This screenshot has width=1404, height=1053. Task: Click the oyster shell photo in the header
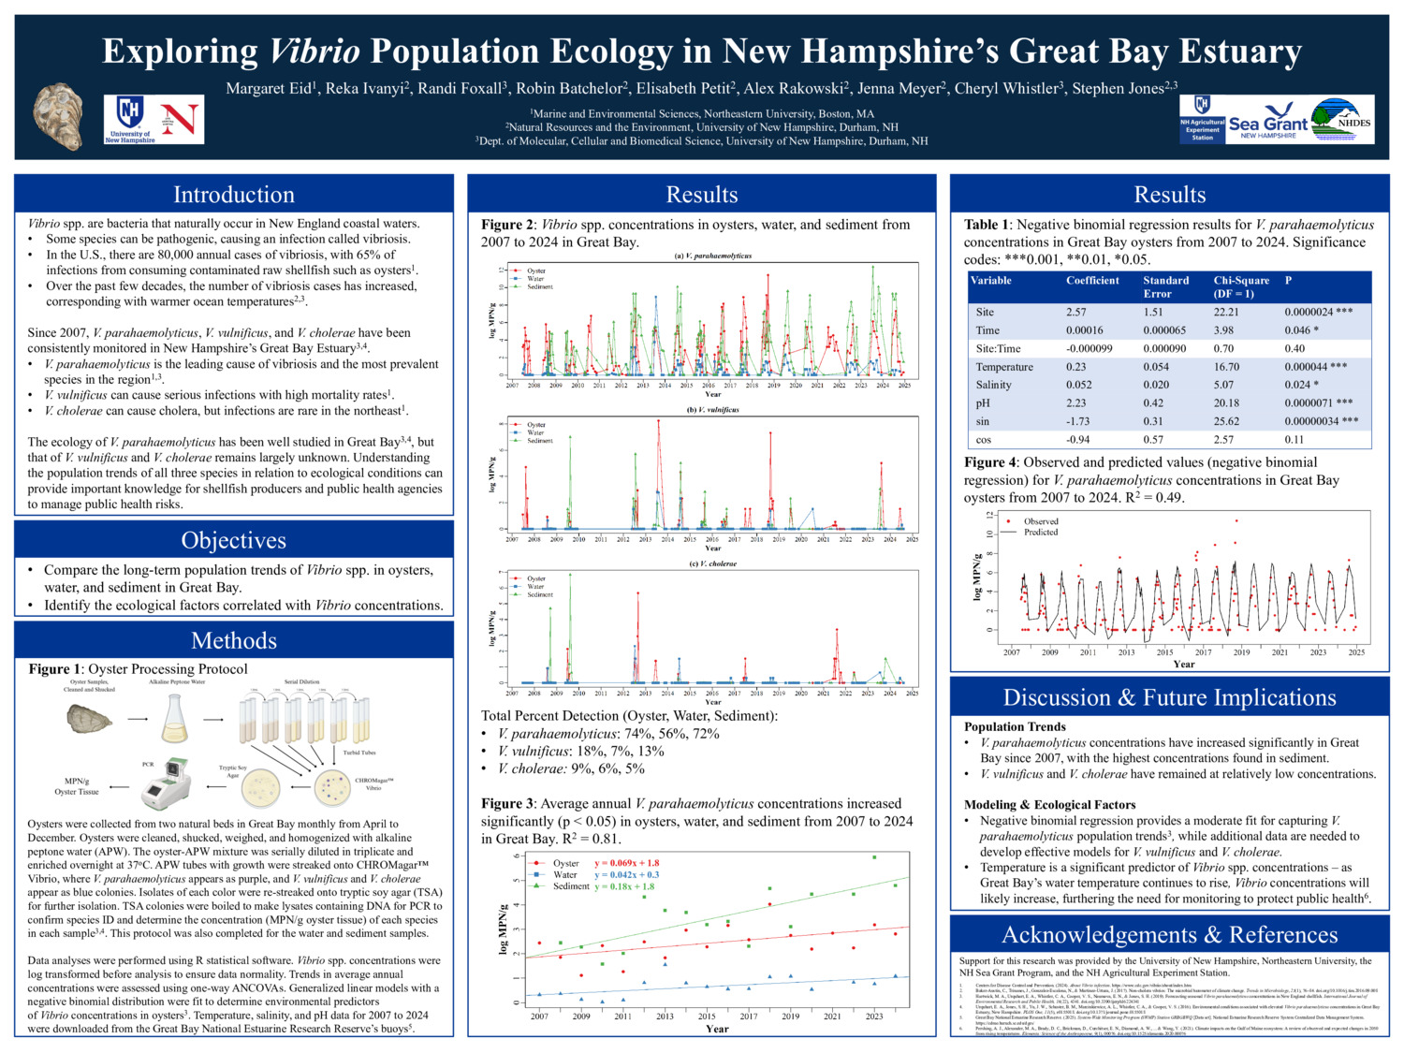tap(58, 116)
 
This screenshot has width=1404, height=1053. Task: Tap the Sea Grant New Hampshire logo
tap(1267, 124)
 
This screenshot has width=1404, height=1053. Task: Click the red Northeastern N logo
tap(181, 119)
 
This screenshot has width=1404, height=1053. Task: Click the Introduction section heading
tap(234, 195)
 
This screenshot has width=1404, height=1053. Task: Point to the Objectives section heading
tap(234, 540)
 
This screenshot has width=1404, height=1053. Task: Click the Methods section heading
tap(234, 640)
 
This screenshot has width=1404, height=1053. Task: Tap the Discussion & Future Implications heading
tap(1169, 697)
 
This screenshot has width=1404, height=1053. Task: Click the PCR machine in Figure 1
tap(167, 783)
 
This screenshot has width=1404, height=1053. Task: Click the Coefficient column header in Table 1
tap(1092, 281)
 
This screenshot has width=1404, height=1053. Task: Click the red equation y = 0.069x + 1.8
tap(626, 863)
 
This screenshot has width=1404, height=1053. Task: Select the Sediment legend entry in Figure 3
tap(571, 885)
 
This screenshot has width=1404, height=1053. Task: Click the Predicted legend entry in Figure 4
tap(1040, 532)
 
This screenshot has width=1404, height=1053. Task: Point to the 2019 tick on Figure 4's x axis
tap(1241, 652)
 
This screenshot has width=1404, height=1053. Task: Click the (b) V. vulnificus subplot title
tap(712, 409)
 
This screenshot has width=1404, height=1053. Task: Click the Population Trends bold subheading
tap(1015, 726)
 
